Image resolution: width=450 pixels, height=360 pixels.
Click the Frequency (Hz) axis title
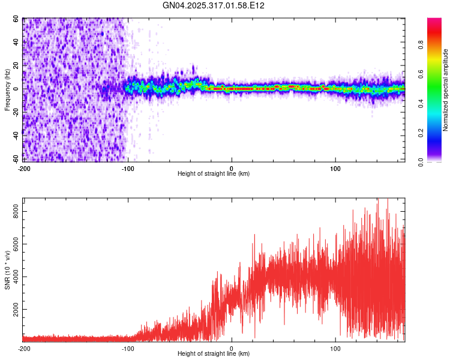click(7, 89)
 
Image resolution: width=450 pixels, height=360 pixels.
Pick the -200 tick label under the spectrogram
click(24, 169)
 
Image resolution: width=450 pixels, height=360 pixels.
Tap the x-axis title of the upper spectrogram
click(214, 174)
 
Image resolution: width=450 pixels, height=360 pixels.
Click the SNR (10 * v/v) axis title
click(7, 269)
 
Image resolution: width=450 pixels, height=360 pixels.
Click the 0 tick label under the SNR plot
click(232, 349)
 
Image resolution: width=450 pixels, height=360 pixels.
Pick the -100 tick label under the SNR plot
click(127, 349)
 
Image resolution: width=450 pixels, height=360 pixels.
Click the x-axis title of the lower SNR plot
click(214, 354)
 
